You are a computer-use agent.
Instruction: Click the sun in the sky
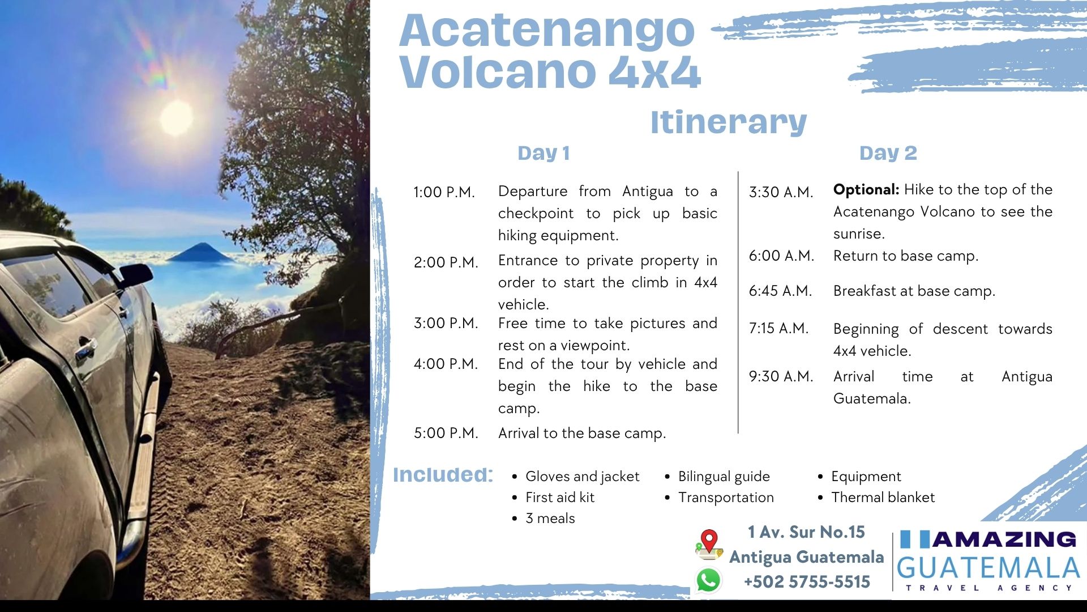tap(177, 118)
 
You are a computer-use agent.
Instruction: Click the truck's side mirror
tap(135, 275)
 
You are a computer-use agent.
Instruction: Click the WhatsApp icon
tap(708, 581)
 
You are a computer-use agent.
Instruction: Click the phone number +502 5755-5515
tap(807, 582)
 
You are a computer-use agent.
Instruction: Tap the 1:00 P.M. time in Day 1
tap(444, 192)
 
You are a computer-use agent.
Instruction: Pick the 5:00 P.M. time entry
tap(446, 433)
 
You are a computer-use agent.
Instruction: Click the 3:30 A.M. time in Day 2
tap(781, 192)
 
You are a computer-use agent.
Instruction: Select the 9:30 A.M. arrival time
tap(781, 376)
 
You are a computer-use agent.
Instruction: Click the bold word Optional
tap(866, 190)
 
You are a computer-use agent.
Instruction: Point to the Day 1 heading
tap(543, 153)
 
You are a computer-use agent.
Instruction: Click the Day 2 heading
tap(888, 153)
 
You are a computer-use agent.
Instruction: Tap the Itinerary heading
tap(729, 122)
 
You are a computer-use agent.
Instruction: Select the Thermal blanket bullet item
tap(883, 498)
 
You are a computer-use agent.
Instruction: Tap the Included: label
tap(443, 475)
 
